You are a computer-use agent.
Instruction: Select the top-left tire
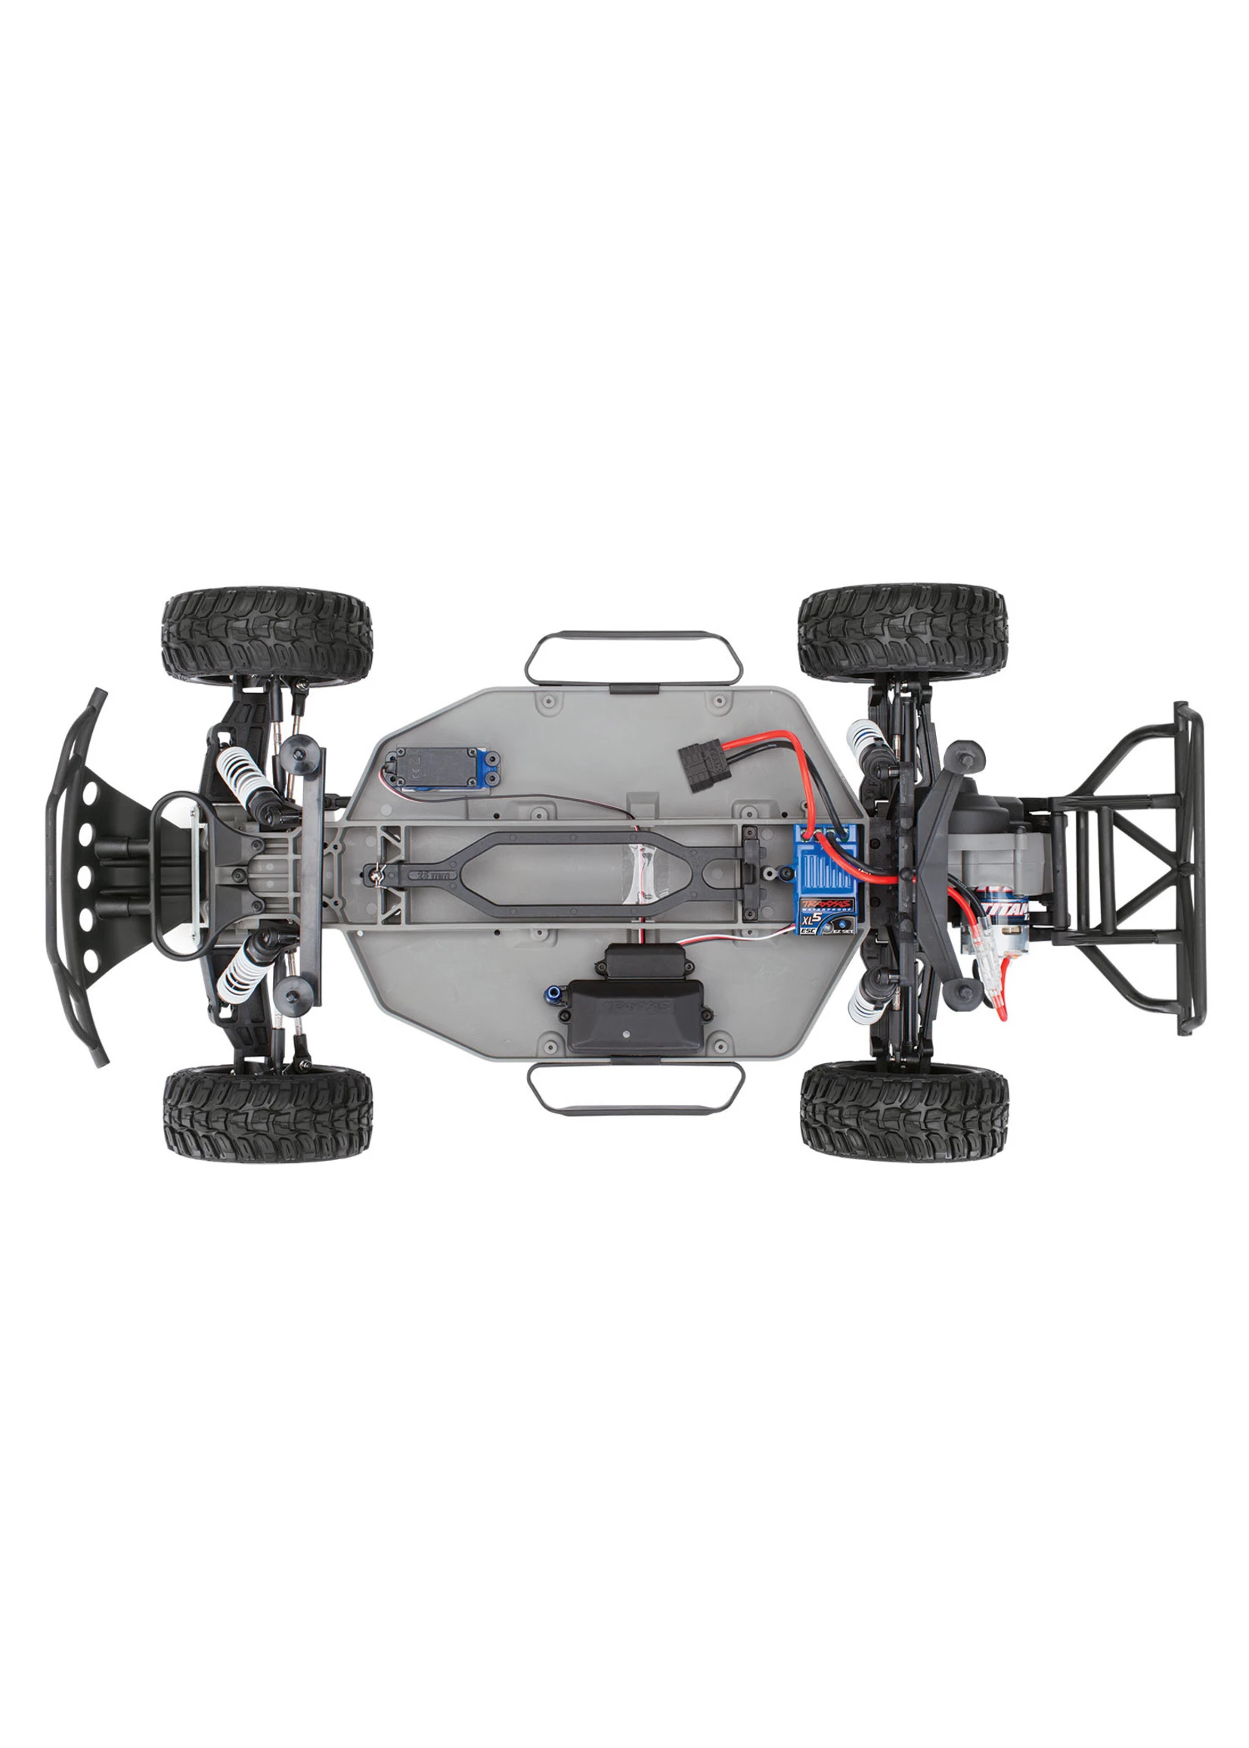pos(267,637)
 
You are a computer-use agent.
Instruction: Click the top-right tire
pos(903,632)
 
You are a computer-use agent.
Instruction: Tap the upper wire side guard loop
pos(633,659)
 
